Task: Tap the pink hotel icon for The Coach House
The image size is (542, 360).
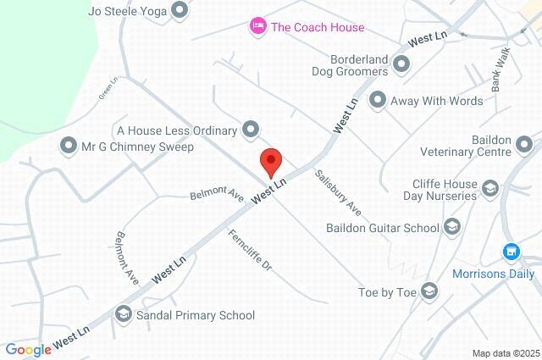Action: coord(257,27)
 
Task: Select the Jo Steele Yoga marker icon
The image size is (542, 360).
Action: coord(180,11)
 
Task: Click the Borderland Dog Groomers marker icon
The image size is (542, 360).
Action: coord(401,64)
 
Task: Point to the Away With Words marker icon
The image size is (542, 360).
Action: coord(378,101)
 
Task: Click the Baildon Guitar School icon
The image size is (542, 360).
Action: coord(452,227)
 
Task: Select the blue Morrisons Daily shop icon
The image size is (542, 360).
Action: coord(511,252)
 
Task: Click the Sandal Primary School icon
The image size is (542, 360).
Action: coord(124,315)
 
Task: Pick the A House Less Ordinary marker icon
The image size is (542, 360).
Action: coord(251,130)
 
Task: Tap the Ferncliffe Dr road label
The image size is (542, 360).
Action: coord(250,251)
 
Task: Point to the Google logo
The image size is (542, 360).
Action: coord(28,349)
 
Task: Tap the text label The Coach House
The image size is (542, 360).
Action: coord(318,27)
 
